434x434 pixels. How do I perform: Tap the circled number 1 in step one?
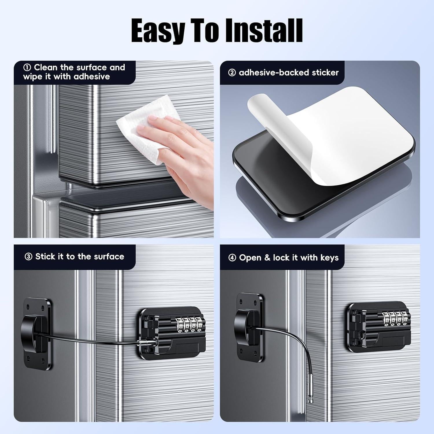pos(27,68)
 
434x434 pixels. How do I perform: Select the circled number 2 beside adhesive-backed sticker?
pos(232,73)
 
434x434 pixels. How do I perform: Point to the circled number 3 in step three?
pos(28,257)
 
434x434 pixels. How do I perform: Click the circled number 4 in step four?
pos(232,258)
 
